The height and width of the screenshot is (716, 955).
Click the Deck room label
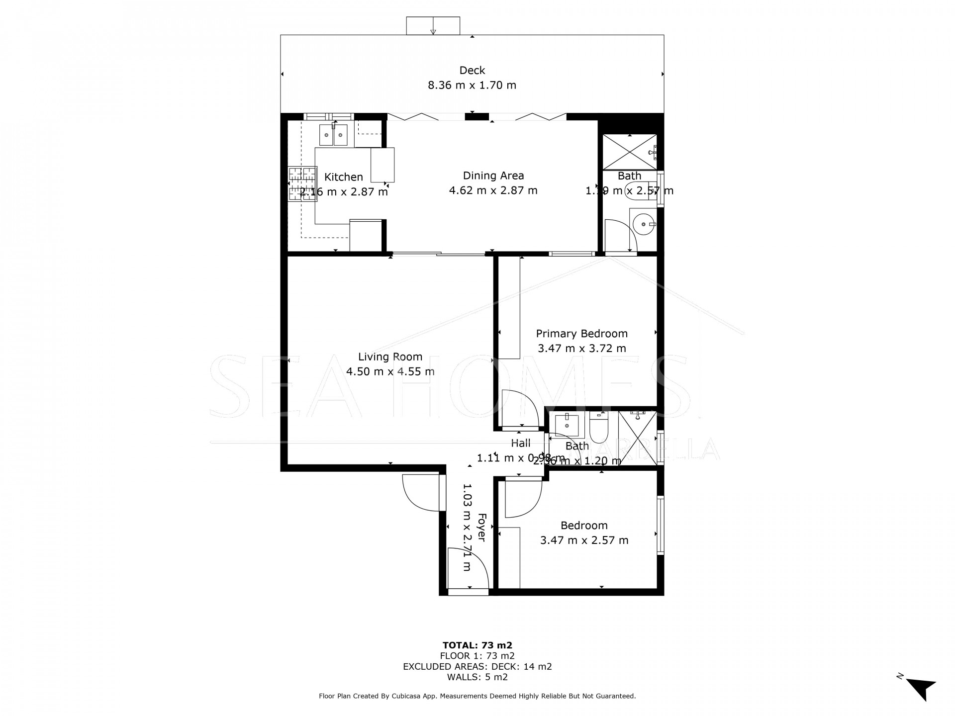click(x=472, y=70)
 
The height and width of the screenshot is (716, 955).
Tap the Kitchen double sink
click(x=333, y=135)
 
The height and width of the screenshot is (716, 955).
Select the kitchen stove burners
click(x=302, y=183)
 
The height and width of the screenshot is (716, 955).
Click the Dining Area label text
click(x=493, y=176)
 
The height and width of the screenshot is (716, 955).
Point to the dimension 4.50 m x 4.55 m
click(x=390, y=371)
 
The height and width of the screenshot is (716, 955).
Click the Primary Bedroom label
click(x=581, y=334)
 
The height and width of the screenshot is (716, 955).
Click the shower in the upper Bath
click(x=629, y=152)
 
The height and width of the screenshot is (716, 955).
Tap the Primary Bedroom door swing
click(x=520, y=409)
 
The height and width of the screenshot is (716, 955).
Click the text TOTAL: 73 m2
click(x=477, y=645)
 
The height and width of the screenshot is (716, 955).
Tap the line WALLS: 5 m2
click(x=477, y=677)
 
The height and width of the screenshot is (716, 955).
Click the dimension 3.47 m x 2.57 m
click(x=584, y=540)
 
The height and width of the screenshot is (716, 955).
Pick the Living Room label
click(x=390, y=357)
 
